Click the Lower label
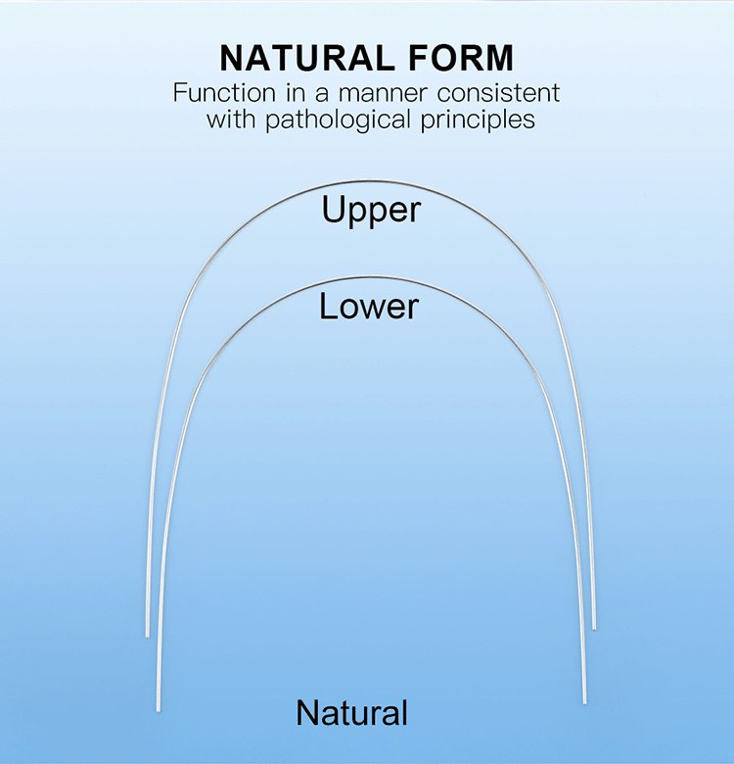(368, 307)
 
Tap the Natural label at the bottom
(351, 712)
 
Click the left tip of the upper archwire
(148, 635)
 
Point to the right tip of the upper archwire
(594, 628)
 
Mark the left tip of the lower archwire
(158, 707)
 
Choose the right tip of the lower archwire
(585, 701)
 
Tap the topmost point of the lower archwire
(372, 277)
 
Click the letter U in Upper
(334, 210)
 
